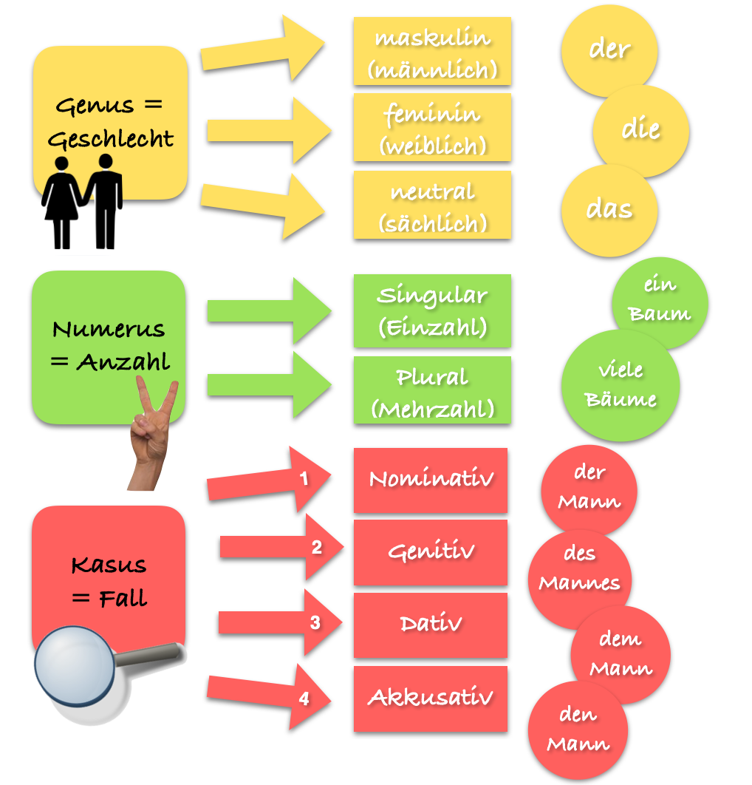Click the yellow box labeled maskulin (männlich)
pyautogui.click(x=432, y=51)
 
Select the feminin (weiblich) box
pyautogui.click(x=432, y=128)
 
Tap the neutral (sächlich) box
pyautogui.click(x=432, y=205)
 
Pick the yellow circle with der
pyautogui.click(x=609, y=50)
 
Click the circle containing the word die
pyautogui.click(x=641, y=131)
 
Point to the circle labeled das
pyautogui.click(x=609, y=211)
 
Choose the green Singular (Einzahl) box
pyautogui.click(x=432, y=311)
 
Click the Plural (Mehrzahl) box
pyautogui.click(x=432, y=390)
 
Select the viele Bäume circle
pyautogui.click(x=621, y=385)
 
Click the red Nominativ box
pyautogui.click(x=430, y=480)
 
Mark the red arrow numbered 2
pyautogui.click(x=281, y=547)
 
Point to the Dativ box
pyautogui.click(x=430, y=625)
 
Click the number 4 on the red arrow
pyautogui.click(x=304, y=699)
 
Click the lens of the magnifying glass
pyautogui.click(x=75, y=665)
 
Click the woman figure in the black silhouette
pyautogui.click(x=61, y=203)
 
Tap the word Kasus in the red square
pyautogui.click(x=109, y=565)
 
